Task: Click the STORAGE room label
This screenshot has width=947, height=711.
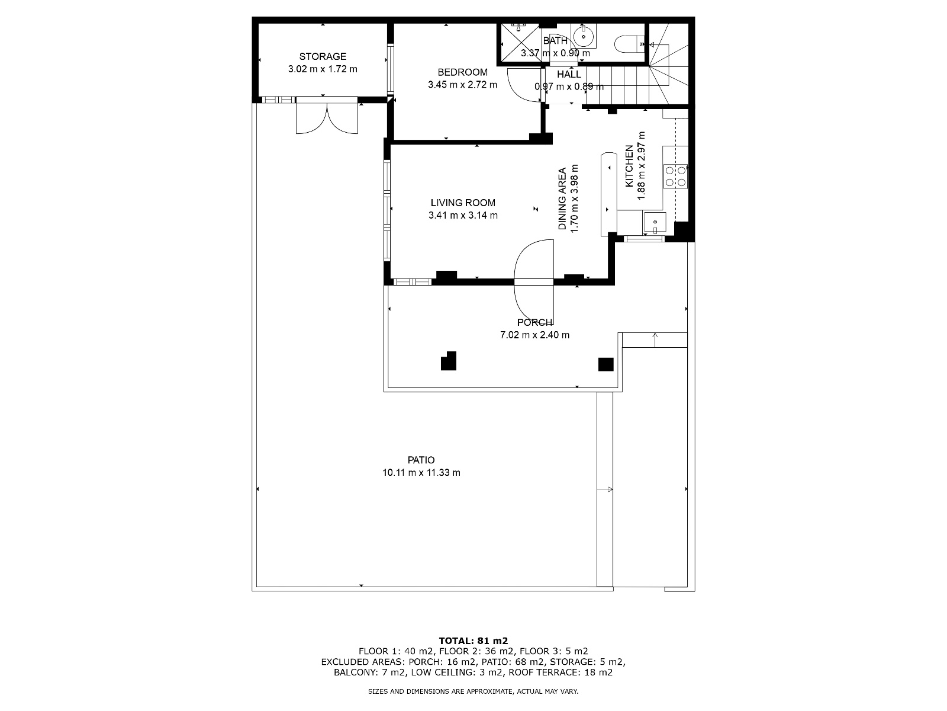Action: [323, 56]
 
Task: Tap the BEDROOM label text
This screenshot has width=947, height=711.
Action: [462, 72]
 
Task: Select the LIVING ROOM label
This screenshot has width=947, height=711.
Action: [463, 203]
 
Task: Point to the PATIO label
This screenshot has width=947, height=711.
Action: [421, 460]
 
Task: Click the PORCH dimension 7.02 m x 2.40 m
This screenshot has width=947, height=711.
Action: [534, 335]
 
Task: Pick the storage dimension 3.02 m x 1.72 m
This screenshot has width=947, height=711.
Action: [323, 69]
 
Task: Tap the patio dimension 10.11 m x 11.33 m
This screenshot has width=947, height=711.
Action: [421, 473]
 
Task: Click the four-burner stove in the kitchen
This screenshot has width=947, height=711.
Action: [675, 176]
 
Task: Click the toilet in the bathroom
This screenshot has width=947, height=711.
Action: [629, 44]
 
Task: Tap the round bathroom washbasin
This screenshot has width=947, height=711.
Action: [584, 36]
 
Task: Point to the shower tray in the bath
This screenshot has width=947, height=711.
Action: [520, 43]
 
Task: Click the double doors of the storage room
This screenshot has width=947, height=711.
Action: [327, 116]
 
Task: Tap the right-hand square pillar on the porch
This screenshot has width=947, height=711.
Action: [605, 364]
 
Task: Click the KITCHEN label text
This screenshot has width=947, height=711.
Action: [629, 166]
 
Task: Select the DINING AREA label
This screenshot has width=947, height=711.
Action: [562, 199]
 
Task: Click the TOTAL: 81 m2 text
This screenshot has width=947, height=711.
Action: [474, 641]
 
